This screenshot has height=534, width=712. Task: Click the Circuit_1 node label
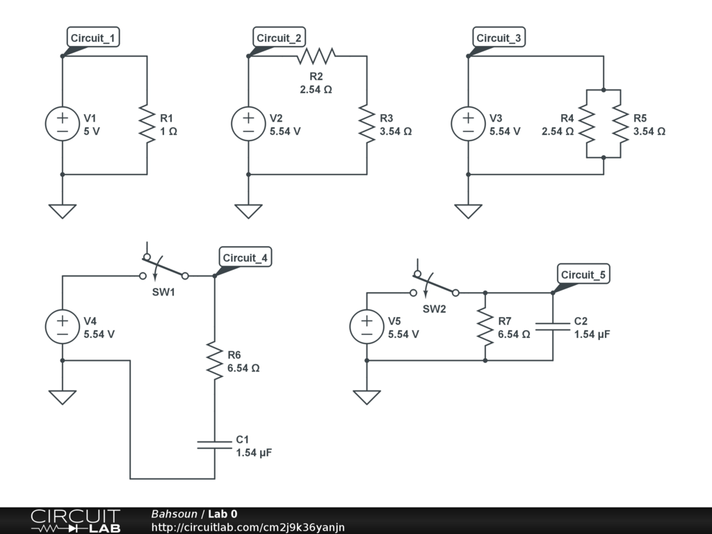click(94, 38)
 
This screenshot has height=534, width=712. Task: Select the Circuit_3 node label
click(499, 38)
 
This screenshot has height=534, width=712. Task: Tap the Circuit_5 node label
click(583, 275)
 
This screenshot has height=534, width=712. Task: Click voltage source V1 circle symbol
click(63, 124)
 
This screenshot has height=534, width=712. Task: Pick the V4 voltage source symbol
click(63, 327)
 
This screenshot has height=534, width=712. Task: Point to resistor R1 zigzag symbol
click(147, 124)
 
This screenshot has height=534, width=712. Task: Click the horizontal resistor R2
click(316, 56)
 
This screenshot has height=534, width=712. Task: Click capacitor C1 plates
click(214, 444)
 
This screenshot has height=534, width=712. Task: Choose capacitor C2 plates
click(553, 327)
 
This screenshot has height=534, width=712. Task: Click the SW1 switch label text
click(163, 292)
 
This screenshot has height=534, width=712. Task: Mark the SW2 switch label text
click(434, 309)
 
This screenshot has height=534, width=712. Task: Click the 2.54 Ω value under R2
click(316, 89)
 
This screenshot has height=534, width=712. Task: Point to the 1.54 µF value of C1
click(253, 453)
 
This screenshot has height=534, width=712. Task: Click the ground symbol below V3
click(468, 211)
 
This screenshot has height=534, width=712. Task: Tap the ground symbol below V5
click(366, 397)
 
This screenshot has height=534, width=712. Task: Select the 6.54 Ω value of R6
click(243, 369)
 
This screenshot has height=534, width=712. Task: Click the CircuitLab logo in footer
click(75, 521)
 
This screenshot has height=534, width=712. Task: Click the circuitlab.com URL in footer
click(248, 528)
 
